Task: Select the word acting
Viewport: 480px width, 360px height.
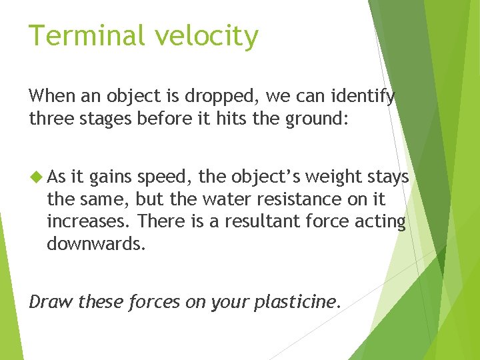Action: [381, 222]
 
